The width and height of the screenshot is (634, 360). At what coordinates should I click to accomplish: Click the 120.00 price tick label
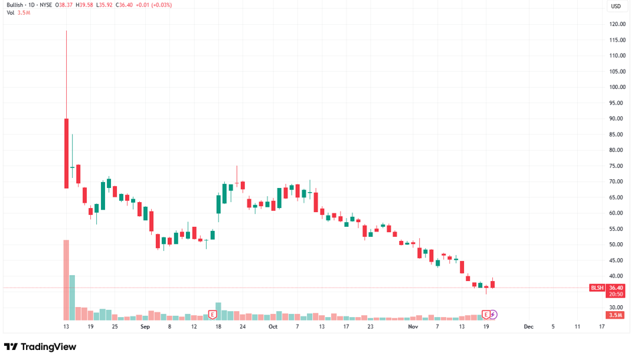(617, 24)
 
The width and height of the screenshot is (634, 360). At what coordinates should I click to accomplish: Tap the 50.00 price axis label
(617, 245)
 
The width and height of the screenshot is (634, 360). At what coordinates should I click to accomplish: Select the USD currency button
(615, 7)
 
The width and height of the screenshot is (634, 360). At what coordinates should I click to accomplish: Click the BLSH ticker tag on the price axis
(597, 288)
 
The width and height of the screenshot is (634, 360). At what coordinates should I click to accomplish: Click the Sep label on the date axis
(145, 327)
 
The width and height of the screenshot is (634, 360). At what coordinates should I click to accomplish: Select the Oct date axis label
(272, 327)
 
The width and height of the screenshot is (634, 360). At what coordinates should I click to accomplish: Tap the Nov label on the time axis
(413, 327)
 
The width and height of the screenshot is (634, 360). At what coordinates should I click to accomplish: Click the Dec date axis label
(528, 327)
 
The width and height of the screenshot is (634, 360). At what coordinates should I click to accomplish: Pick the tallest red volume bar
(66, 280)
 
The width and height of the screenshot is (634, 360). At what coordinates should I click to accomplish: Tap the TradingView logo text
(47, 347)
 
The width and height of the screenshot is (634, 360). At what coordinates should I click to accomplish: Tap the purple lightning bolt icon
(494, 314)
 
